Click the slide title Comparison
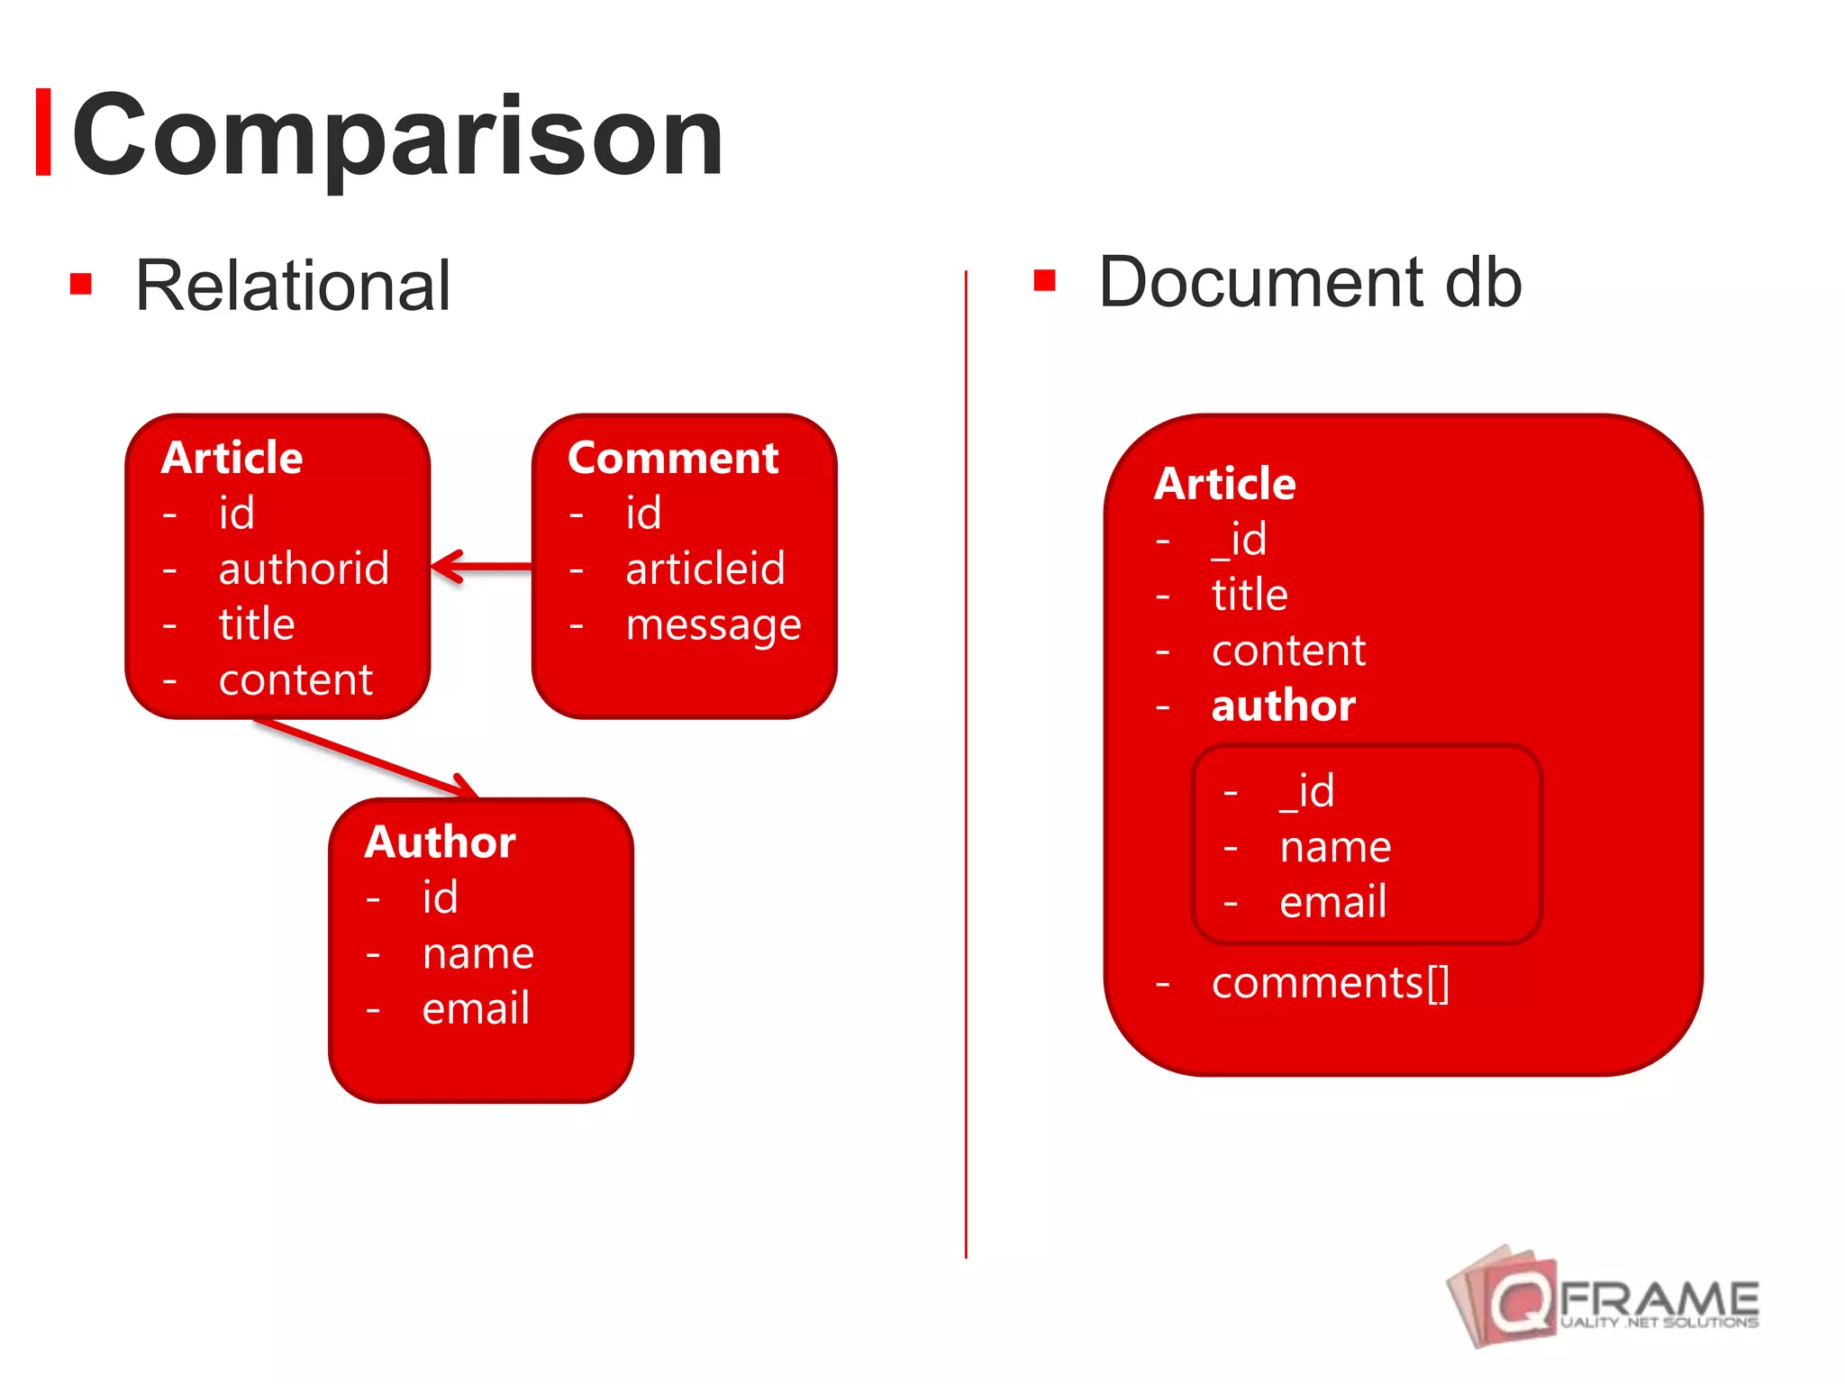tap(396, 135)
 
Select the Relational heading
tap(292, 286)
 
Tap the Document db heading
tap(1310, 282)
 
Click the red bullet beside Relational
tap(81, 284)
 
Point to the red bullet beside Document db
tap(1044, 280)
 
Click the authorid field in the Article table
tap(304, 569)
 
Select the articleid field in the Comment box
tap(705, 569)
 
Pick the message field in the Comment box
tap(713, 624)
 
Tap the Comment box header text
tap(673, 458)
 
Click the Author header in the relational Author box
tap(440, 842)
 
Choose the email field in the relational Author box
tap(476, 1007)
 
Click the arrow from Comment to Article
tap(482, 567)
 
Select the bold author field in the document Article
tap(1283, 705)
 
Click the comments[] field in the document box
tap(1330, 982)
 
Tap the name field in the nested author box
tap(1335, 847)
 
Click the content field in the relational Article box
tap(295, 679)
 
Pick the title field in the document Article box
tap(1250, 595)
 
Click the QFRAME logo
tap(1604, 1297)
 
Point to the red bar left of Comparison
tap(42, 132)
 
